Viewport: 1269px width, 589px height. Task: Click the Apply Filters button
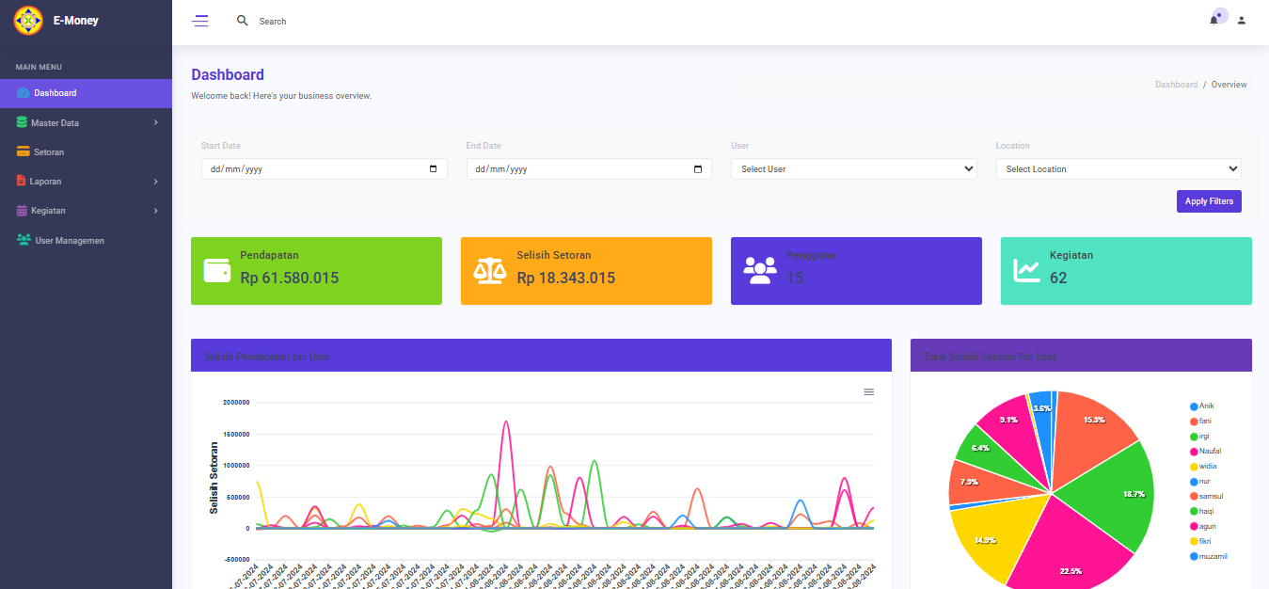point(1209,201)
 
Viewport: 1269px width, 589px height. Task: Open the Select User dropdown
point(853,169)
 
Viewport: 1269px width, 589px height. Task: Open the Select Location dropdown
point(1118,169)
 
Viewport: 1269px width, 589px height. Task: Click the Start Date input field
point(324,169)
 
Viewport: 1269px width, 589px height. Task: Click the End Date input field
point(589,169)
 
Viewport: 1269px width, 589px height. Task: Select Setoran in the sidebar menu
point(49,151)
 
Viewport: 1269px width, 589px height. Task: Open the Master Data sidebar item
point(55,122)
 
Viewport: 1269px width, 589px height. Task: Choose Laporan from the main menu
point(46,181)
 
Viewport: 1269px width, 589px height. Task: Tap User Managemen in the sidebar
point(69,240)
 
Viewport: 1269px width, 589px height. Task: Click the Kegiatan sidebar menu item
point(48,210)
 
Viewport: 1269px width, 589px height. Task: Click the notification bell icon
point(1213,20)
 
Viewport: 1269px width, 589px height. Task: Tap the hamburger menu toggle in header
point(200,21)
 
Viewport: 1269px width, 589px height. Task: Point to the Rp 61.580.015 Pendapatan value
point(289,278)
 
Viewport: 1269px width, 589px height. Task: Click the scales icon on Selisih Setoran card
point(487,271)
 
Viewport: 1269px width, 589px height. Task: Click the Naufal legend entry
point(1210,451)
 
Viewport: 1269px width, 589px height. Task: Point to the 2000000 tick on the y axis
point(236,403)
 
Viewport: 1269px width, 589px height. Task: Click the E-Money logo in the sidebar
point(28,20)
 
